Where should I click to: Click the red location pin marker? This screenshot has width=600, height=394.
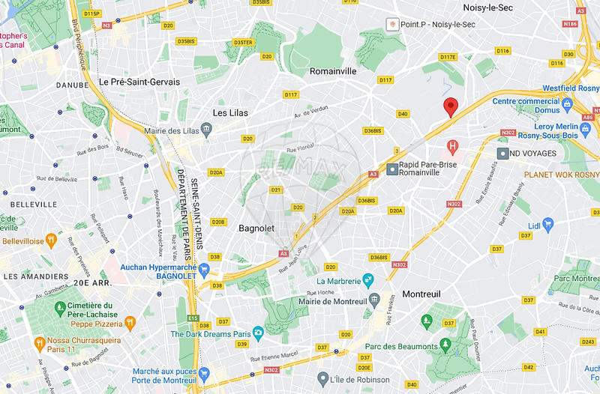[450, 107]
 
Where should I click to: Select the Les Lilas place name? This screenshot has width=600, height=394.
[230, 112]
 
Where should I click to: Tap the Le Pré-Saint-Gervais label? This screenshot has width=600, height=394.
[139, 82]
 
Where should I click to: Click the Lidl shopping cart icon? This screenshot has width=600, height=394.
[547, 223]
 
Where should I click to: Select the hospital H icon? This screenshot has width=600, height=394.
[452, 146]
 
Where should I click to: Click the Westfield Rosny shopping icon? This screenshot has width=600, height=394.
[568, 103]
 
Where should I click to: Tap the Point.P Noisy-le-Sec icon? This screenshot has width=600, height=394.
[391, 25]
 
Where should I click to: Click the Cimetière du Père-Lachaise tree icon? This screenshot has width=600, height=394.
[58, 308]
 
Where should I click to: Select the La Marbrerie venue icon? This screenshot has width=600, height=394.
[367, 281]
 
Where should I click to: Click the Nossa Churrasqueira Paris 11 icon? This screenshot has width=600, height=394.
[40, 342]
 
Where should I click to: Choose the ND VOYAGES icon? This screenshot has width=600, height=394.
[503, 153]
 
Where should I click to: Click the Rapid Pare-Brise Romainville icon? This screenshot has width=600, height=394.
[391, 170]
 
